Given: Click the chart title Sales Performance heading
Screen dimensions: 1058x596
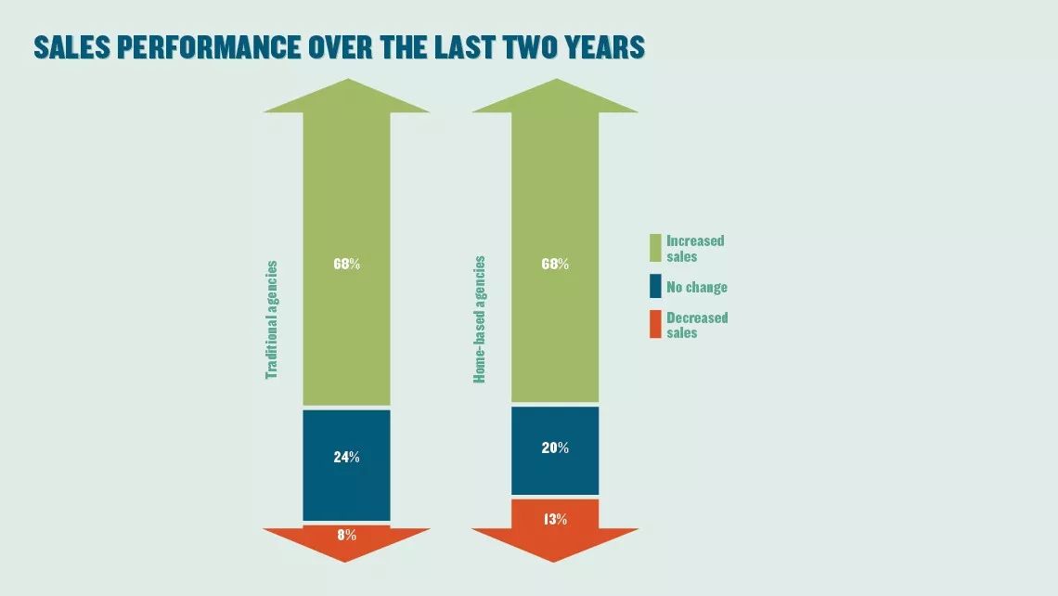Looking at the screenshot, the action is tap(340, 47).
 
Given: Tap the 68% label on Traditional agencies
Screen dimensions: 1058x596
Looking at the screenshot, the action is tap(347, 264).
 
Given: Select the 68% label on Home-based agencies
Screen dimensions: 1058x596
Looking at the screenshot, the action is tap(555, 264).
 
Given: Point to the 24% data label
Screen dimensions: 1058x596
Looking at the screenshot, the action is tap(347, 457).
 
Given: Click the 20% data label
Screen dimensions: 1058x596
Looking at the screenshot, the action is tap(555, 447).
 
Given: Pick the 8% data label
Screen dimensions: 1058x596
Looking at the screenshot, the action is tap(347, 535).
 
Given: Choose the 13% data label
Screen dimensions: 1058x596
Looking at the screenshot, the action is tap(555, 519).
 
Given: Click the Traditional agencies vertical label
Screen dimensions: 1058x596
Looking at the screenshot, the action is tap(271, 320).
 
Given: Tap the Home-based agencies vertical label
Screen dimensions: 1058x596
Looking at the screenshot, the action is tap(479, 320).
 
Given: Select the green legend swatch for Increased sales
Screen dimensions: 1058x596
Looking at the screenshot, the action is tap(655, 248).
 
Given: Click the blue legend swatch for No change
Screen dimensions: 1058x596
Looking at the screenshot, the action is tap(655, 286).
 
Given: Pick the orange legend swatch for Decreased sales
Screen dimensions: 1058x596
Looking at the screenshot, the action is tap(655, 324).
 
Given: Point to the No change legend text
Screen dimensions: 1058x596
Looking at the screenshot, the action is tap(697, 287).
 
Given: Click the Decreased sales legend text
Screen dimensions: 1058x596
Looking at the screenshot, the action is tap(697, 325).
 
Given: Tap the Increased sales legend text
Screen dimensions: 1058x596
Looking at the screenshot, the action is tap(695, 249).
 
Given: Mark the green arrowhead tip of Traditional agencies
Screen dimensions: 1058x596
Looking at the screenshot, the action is tap(347, 79).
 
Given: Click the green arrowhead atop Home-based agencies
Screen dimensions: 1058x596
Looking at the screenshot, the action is tap(555, 96).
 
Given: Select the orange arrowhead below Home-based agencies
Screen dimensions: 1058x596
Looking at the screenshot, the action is tap(555, 545).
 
